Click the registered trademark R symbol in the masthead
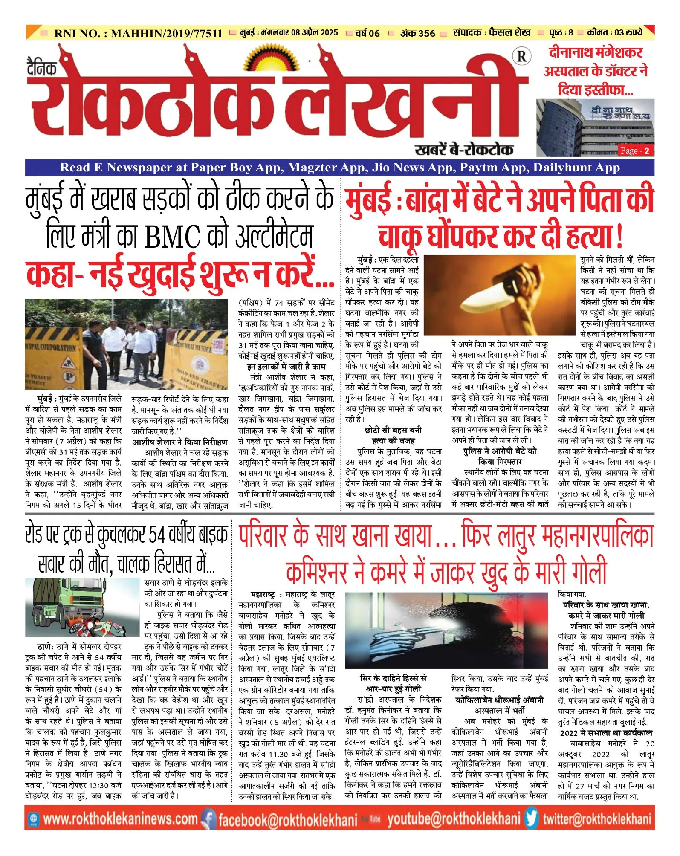pyautogui.click(x=522, y=56)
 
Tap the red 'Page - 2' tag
pyautogui.click(x=635, y=150)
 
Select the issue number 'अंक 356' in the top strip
pyautogui.click(x=417, y=33)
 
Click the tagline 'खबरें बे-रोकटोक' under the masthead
pyautogui.click(x=463, y=149)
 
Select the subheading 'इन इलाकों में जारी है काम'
pyautogui.click(x=286, y=367)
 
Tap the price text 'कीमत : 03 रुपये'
pyautogui.click(x=614, y=32)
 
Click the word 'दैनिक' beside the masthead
pyautogui.click(x=41, y=67)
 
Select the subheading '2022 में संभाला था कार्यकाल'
pyautogui.click(x=606, y=732)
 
